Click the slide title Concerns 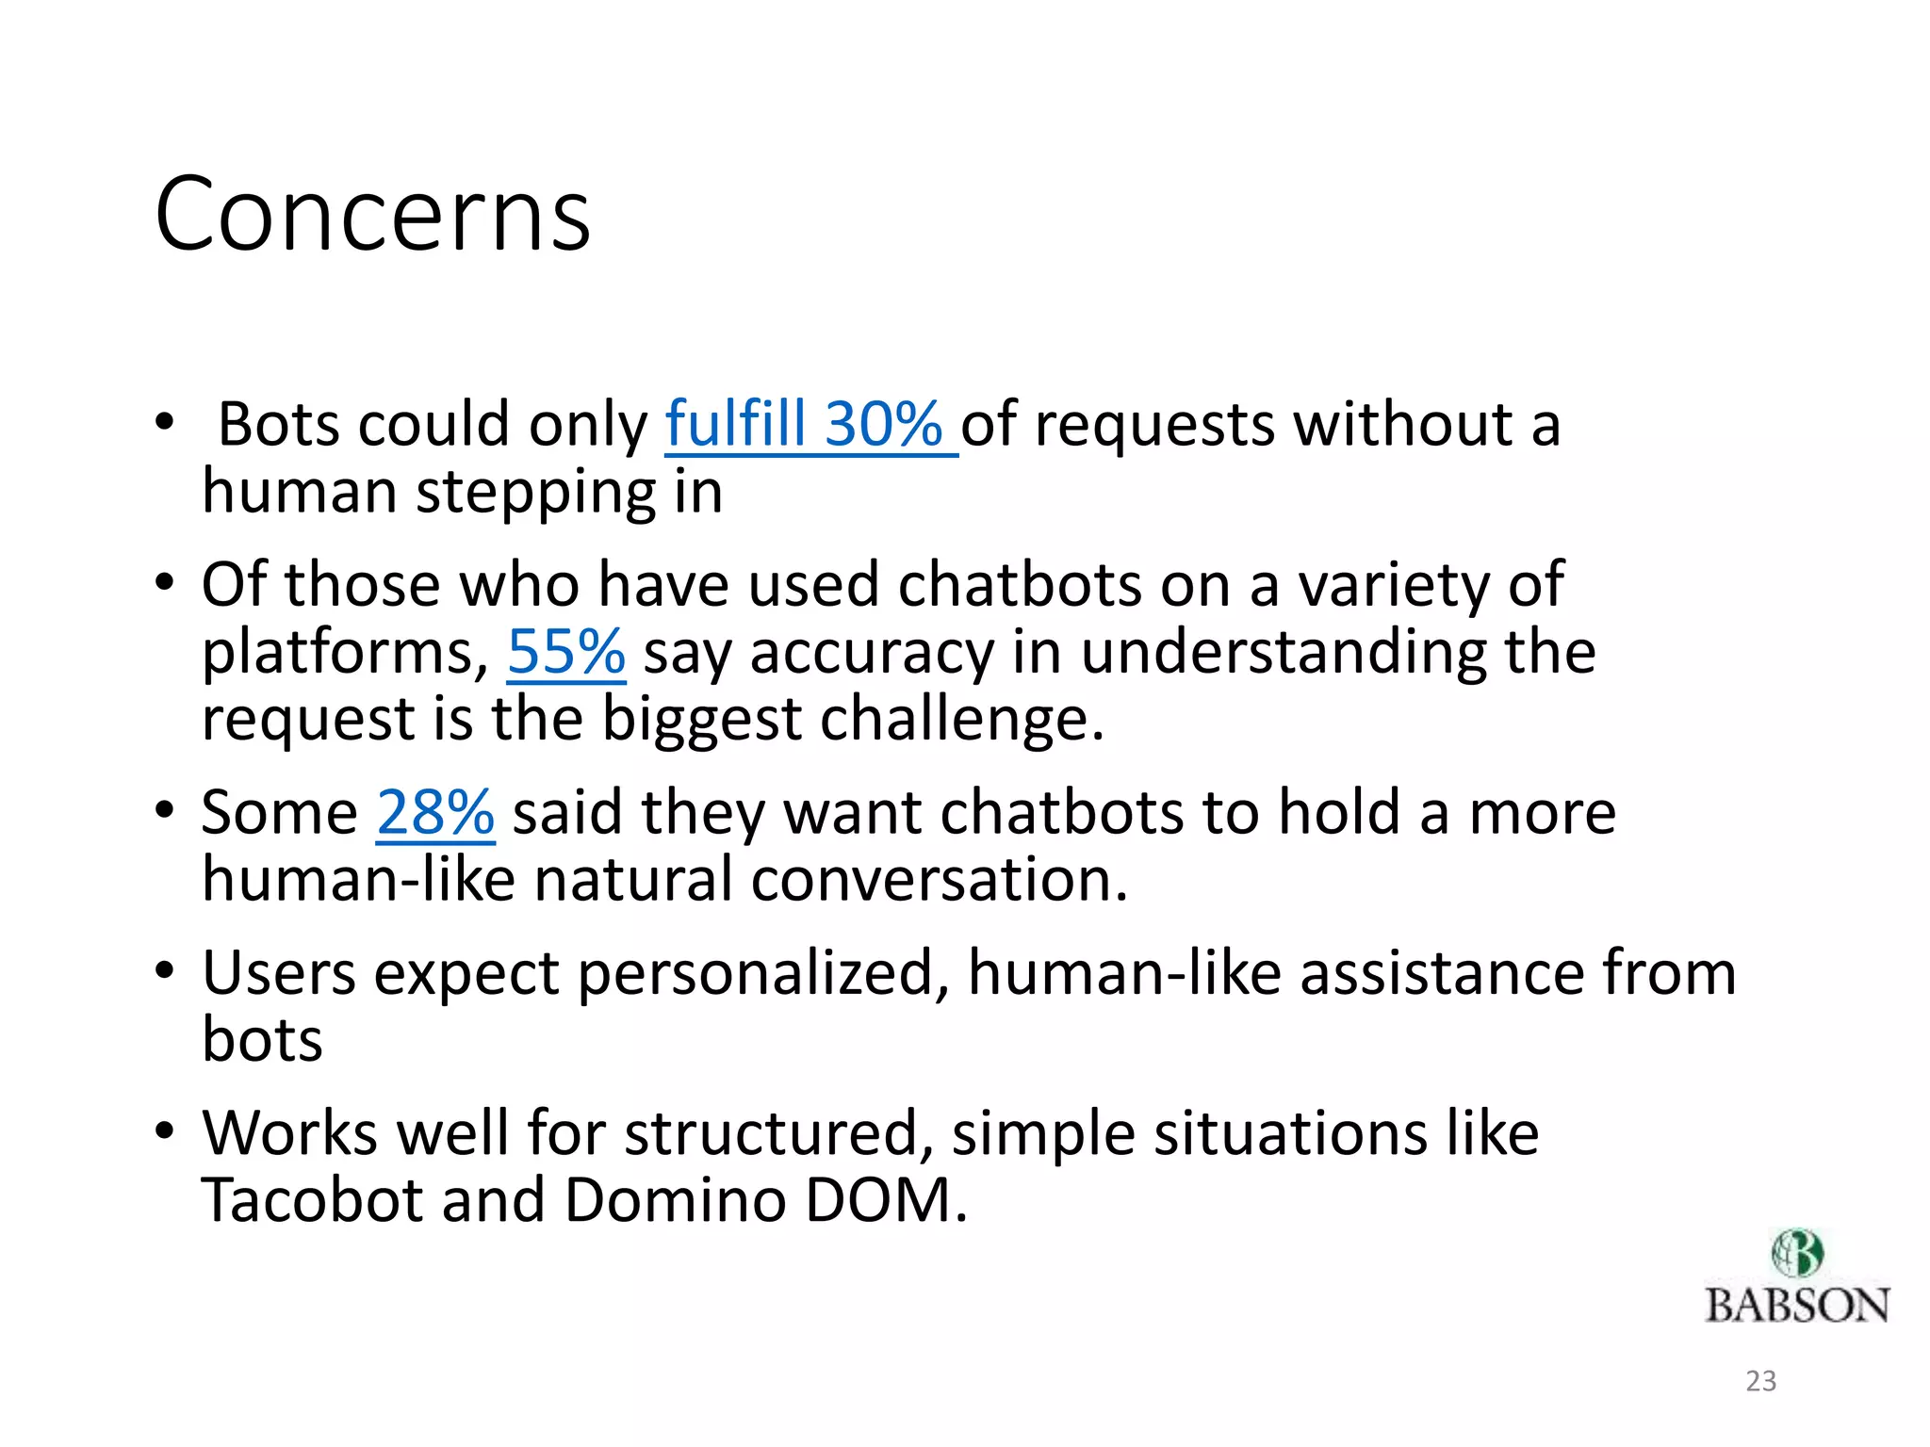point(372,215)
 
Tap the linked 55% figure point(565,652)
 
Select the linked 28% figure point(434,812)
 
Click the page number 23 point(1760,1381)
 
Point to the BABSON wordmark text point(1796,1306)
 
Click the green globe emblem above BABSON point(1796,1253)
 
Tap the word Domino point(675,1200)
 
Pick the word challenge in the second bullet point(961,720)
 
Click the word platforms point(345,652)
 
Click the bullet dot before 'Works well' point(166,1130)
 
